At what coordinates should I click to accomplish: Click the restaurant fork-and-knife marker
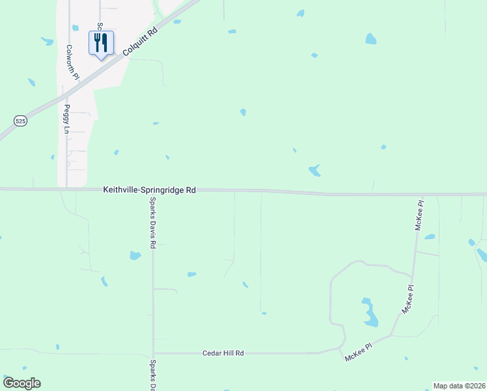(x=100, y=43)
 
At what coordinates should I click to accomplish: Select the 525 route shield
(x=21, y=121)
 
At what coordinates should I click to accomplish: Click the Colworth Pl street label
(x=72, y=63)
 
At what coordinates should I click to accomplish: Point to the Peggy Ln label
(x=66, y=119)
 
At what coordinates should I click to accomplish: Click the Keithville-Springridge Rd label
(x=149, y=190)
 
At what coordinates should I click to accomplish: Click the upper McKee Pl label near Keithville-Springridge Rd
(x=420, y=216)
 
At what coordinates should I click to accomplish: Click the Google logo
(x=21, y=383)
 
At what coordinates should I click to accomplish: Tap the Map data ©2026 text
(x=460, y=386)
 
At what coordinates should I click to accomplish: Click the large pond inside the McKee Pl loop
(x=370, y=313)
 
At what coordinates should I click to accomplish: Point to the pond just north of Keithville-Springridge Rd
(x=314, y=171)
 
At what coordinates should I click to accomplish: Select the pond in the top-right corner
(x=370, y=38)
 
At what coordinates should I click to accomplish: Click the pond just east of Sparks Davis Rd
(x=135, y=255)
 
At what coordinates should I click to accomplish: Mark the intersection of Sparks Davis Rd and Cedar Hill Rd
(x=154, y=353)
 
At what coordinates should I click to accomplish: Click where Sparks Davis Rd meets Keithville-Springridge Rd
(x=154, y=190)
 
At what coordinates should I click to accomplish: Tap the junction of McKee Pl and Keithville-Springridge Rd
(x=423, y=194)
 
